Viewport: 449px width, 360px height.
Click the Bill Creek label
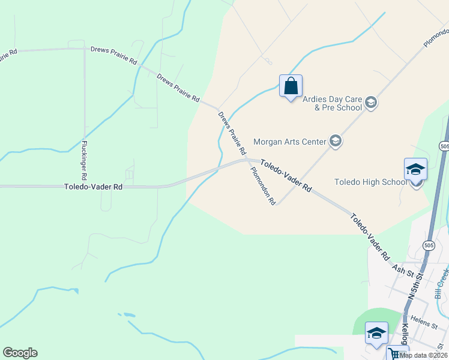point(442,283)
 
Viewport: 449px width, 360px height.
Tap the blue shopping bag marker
point(291,86)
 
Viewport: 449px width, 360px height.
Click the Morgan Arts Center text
point(290,142)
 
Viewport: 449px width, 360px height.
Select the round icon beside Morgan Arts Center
point(335,142)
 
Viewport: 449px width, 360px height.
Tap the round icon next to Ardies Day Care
point(370,103)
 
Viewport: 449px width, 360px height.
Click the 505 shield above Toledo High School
point(444,146)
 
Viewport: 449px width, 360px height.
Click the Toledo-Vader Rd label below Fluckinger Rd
point(93,187)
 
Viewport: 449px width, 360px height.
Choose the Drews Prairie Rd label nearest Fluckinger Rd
point(113,55)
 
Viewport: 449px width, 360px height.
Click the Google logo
point(20,353)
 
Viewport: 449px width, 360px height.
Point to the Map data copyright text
point(423,355)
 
